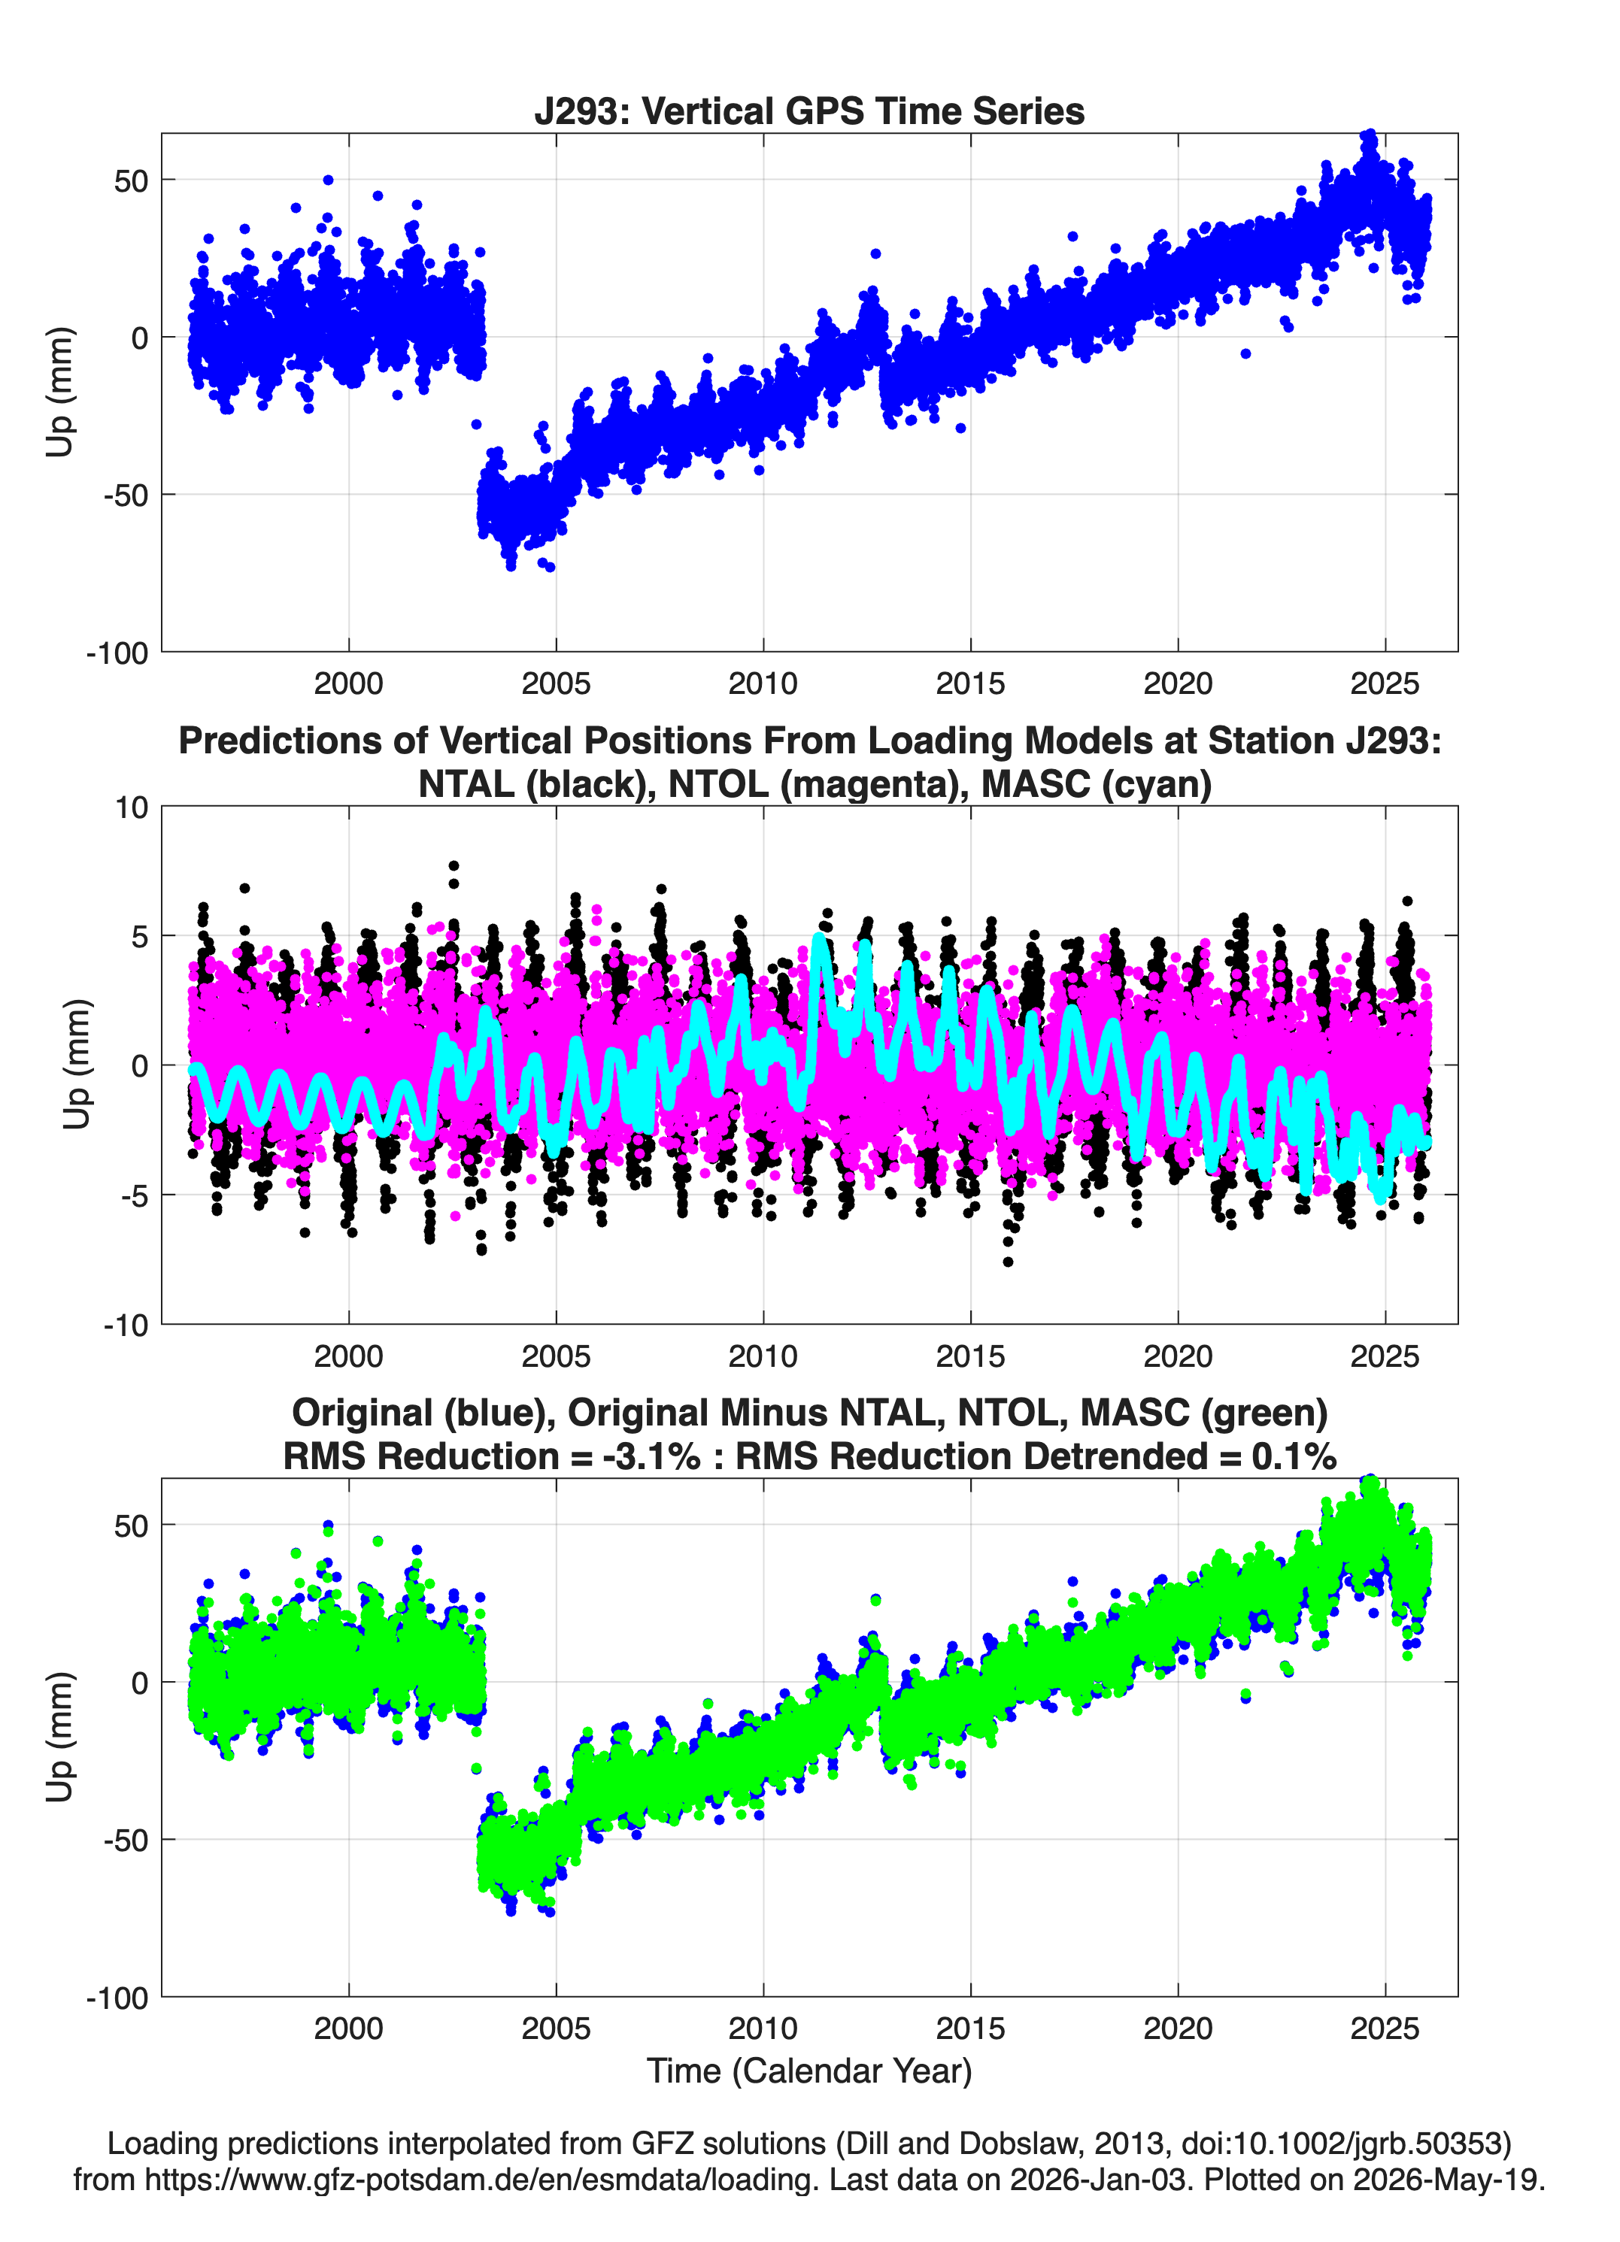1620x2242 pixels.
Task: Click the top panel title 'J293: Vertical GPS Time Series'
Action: click(x=809, y=111)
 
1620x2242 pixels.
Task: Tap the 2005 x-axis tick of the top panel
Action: click(x=556, y=683)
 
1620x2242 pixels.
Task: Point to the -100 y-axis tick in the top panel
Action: click(x=117, y=653)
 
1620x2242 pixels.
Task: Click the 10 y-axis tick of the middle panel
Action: click(x=132, y=807)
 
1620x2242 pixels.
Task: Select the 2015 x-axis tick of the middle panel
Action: click(x=970, y=1356)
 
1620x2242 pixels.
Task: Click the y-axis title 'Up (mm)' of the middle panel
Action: click(x=76, y=1065)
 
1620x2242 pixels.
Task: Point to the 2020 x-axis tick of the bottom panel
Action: click(x=1178, y=2028)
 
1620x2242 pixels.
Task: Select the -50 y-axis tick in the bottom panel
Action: click(x=126, y=1840)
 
